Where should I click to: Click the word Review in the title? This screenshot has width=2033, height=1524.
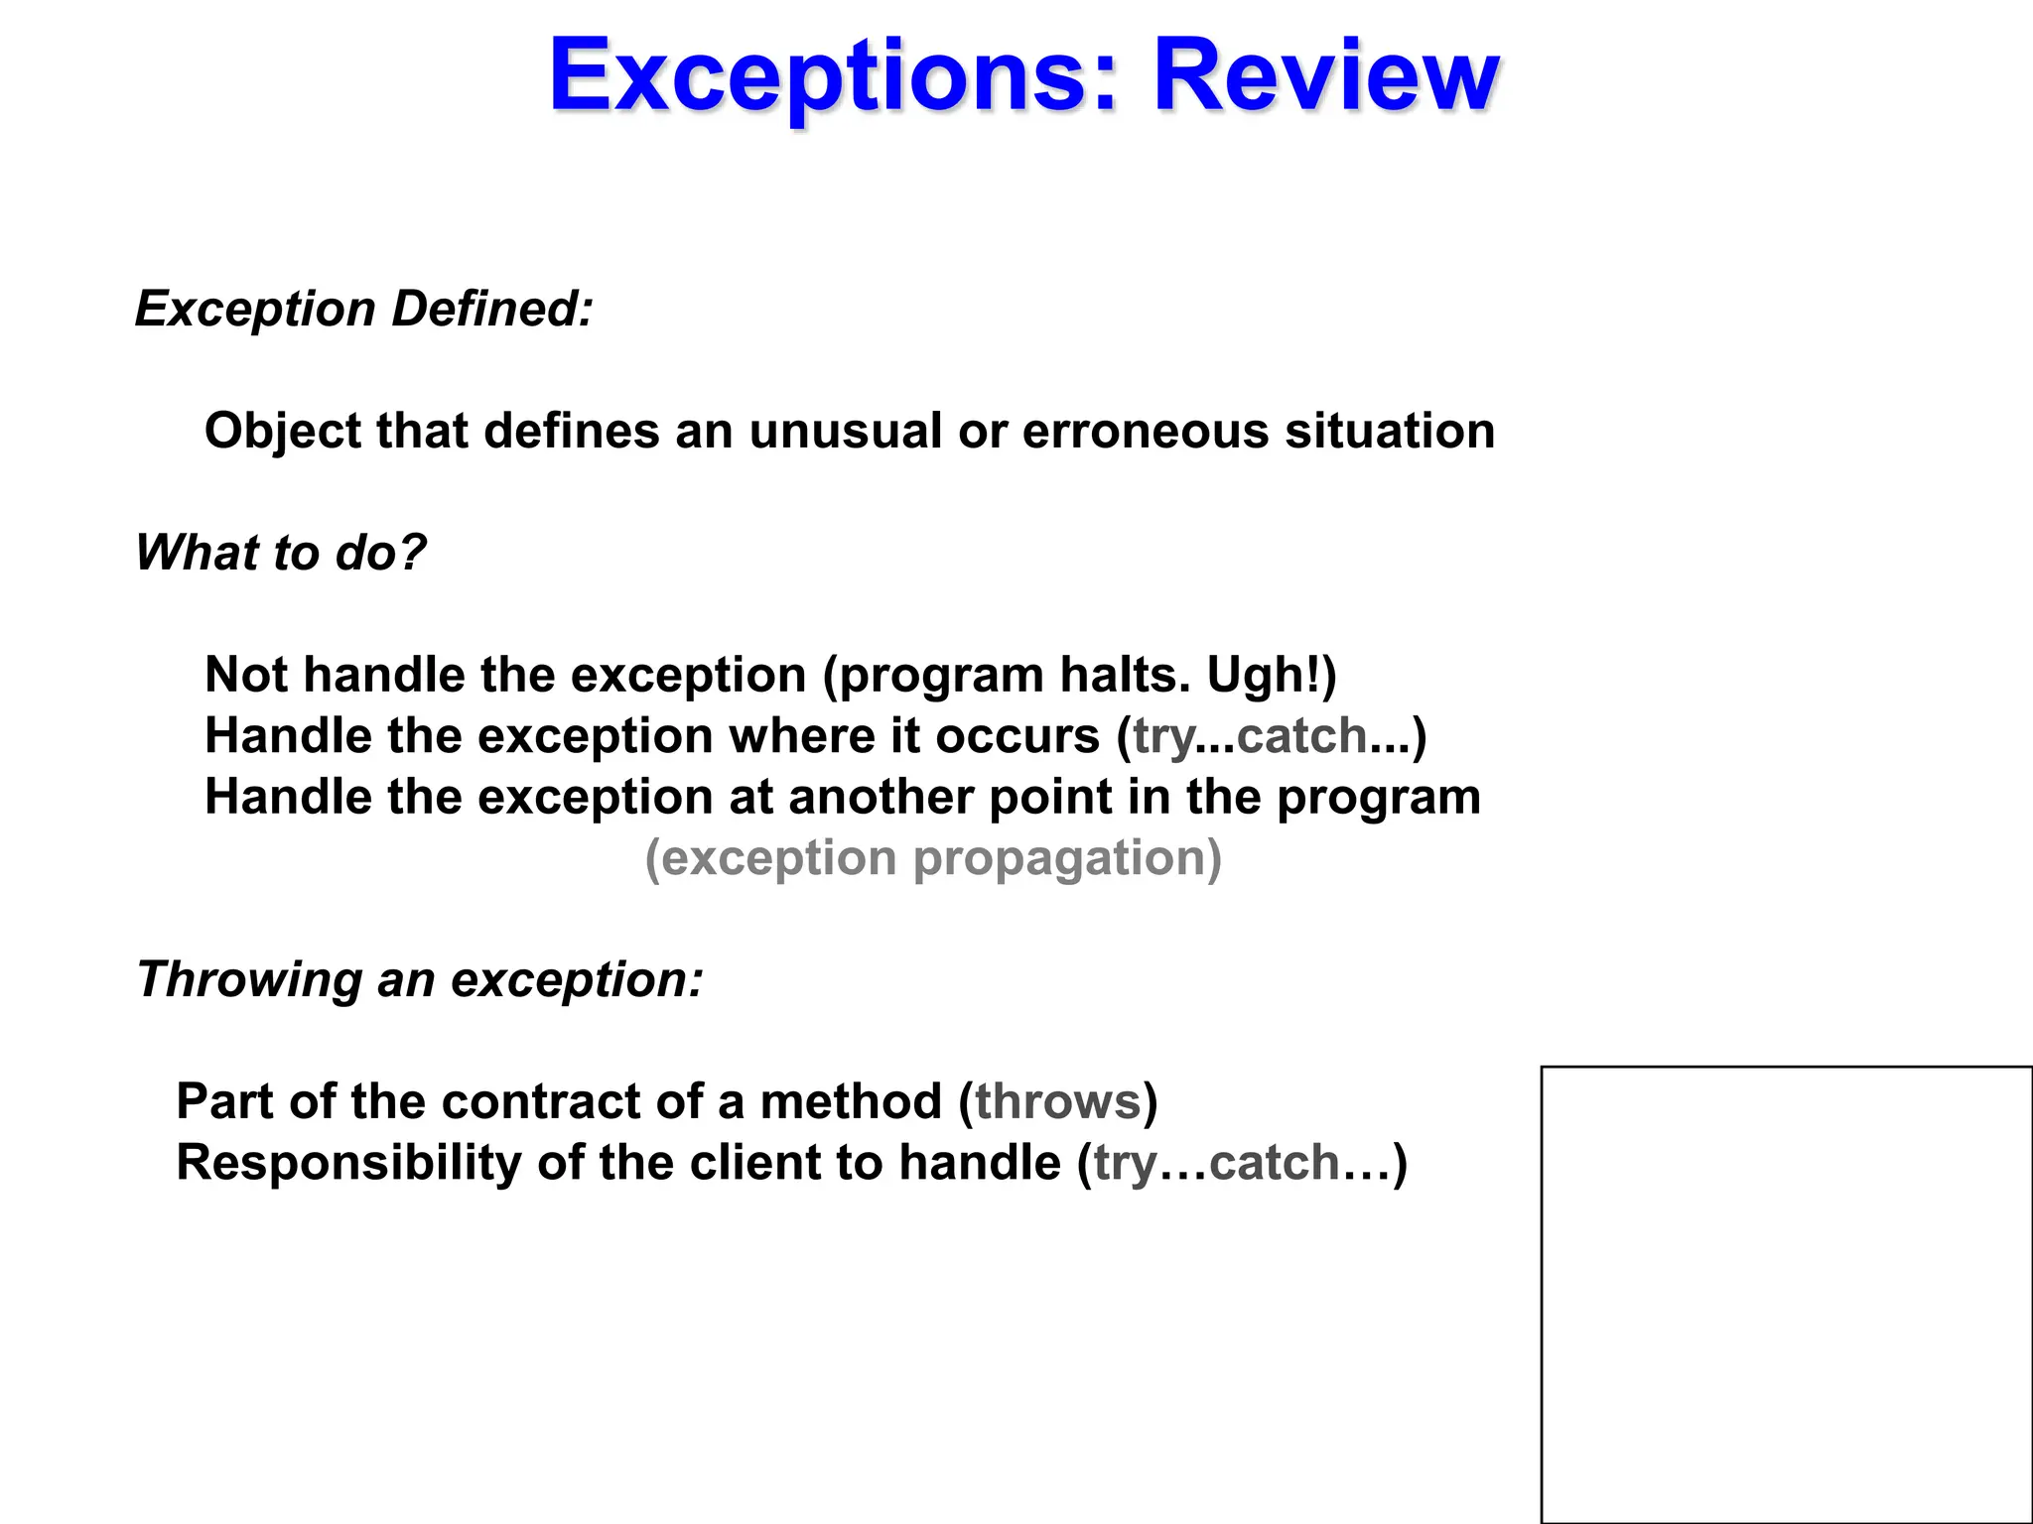point(1325,75)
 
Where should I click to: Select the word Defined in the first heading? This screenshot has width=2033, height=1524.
point(492,309)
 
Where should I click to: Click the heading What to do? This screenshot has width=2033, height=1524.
point(281,553)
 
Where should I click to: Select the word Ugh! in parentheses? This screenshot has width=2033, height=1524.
point(1265,676)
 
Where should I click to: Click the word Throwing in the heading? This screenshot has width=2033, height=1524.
point(249,980)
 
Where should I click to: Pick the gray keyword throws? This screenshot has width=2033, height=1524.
point(1058,1102)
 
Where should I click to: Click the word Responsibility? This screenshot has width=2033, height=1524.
point(348,1163)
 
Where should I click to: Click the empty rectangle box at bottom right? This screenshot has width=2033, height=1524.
point(1786,1294)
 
